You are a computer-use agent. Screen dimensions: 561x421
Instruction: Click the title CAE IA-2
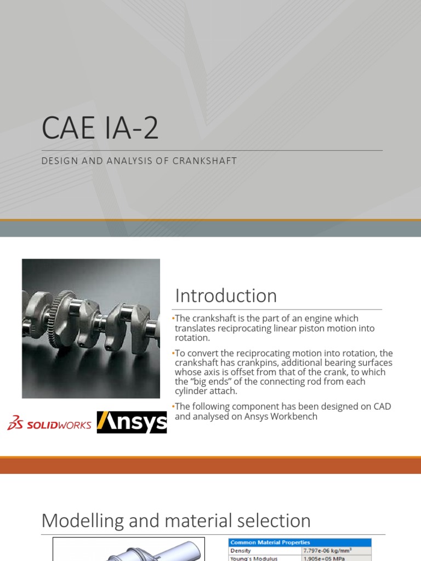pos(100,128)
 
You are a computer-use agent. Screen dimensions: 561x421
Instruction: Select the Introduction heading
pos(226,296)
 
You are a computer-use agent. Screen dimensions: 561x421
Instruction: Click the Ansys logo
pos(132,422)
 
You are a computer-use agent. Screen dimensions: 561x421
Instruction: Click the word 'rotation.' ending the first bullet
pos(192,338)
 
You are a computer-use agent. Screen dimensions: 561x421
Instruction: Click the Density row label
pos(241,550)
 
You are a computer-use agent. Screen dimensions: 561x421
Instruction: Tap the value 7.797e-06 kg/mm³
pos(331,550)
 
